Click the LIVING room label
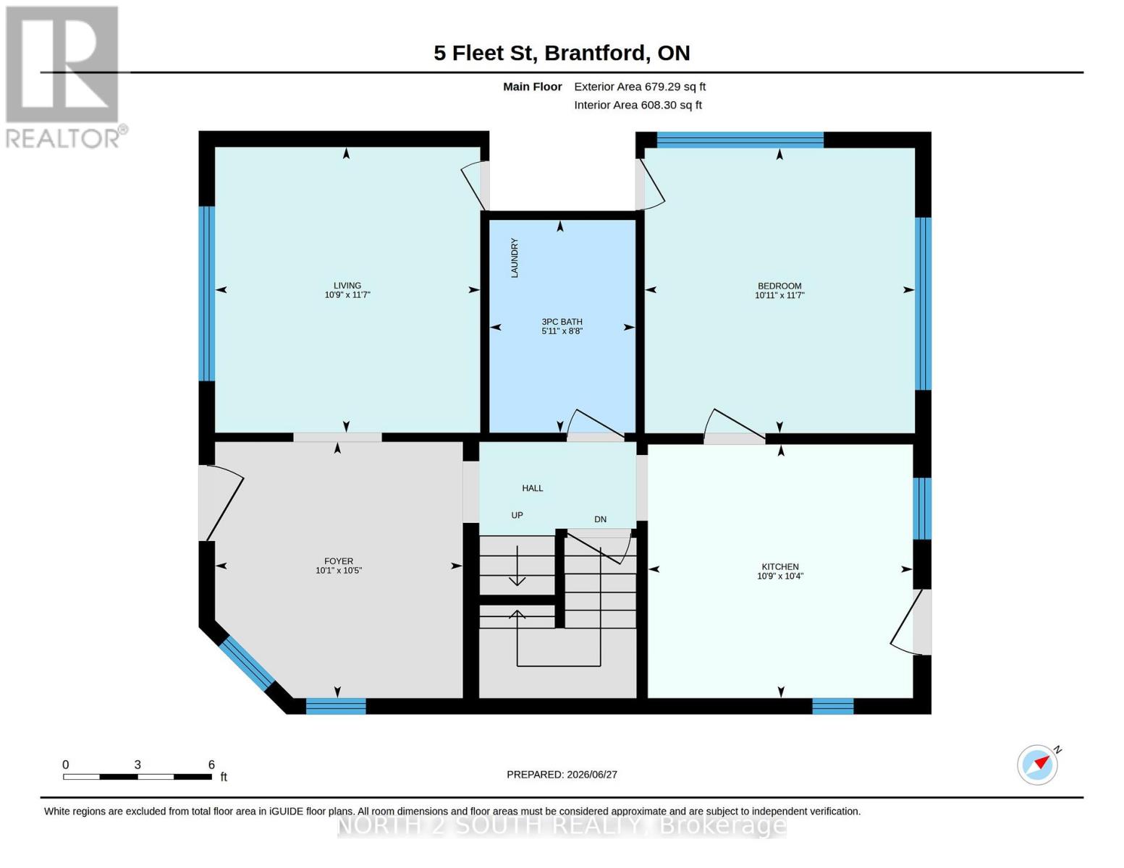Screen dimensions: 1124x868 point(347,286)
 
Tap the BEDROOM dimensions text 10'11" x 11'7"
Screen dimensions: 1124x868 point(779,295)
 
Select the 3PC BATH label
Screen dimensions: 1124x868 point(562,322)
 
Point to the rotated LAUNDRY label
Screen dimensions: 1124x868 point(514,258)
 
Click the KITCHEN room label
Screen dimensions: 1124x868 point(780,566)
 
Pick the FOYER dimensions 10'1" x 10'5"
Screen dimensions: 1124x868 point(339,570)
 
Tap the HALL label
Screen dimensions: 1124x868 point(532,488)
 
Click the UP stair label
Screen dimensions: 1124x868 point(517,515)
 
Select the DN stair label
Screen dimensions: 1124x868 point(600,519)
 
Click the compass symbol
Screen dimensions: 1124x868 point(1037,765)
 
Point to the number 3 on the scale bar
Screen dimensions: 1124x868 point(138,764)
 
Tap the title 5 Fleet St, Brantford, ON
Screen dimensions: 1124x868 point(562,53)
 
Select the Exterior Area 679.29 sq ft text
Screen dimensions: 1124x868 point(640,87)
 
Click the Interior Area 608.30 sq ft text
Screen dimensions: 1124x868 point(638,105)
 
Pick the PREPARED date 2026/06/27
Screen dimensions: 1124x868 point(562,775)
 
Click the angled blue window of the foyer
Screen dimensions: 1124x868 point(247,663)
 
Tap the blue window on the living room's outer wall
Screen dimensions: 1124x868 point(207,294)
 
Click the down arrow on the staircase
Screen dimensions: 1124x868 point(517,566)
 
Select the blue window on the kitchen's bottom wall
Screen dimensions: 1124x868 point(833,706)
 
